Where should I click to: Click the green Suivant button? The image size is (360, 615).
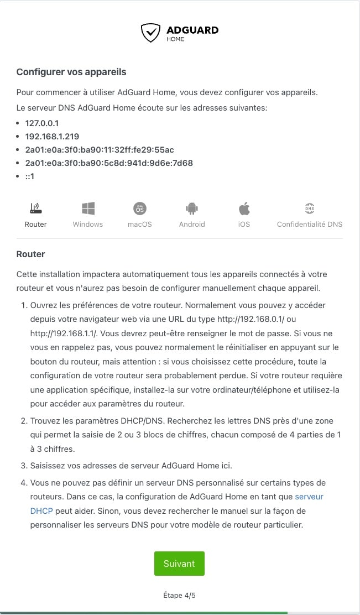coord(179,563)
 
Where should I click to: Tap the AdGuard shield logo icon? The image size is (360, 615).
coord(150,33)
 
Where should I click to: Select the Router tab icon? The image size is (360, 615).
coord(35,209)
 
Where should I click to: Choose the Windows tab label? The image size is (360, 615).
coord(88,224)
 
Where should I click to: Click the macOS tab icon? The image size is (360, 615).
coord(140,209)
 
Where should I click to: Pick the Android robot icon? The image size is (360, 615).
coord(192,209)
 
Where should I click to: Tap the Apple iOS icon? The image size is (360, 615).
coord(244,209)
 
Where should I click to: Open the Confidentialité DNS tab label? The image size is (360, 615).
coord(309,224)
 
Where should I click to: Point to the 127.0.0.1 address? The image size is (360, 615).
coord(42,123)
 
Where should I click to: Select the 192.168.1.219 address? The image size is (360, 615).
coord(52,136)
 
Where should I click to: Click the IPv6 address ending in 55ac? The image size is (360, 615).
coord(100,149)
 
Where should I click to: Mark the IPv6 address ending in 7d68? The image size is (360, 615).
coord(108,163)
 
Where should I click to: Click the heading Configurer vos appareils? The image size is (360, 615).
coord(71,72)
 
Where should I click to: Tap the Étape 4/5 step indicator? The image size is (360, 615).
coord(179,595)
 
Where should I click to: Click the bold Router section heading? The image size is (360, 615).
coord(30,254)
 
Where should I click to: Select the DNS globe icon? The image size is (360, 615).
coord(309,209)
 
